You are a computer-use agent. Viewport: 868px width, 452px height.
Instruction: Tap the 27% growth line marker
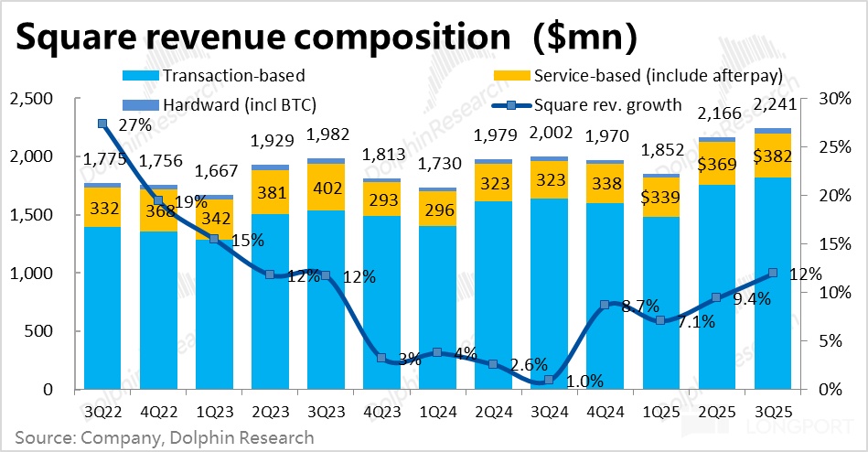tap(102, 124)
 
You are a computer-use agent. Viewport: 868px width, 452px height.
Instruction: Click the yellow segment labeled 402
tap(325, 188)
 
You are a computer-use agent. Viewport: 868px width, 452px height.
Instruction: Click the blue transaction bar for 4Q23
tap(381, 302)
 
